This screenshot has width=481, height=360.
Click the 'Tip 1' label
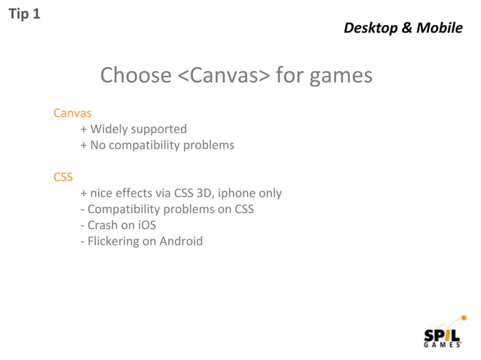[x=23, y=14]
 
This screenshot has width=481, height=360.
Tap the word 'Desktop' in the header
[x=369, y=28]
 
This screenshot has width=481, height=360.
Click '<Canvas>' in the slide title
[x=223, y=76]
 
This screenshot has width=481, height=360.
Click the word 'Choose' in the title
[x=136, y=76]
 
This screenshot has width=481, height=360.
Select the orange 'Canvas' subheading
[x=72, y=113]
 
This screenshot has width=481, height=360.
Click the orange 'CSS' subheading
[x=63, y=177]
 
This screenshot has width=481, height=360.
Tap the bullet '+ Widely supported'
[x=133, y=129]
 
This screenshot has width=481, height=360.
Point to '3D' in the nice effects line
[x=204, y=193]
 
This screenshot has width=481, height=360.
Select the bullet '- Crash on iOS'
[x=118, y=225]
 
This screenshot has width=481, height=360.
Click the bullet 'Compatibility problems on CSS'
[x=167, y=209]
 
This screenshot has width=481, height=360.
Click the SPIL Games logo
[x=443, y=334]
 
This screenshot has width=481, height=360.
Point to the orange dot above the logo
[x=463, y=318]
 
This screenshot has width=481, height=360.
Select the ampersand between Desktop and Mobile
[x=406, y=28]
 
